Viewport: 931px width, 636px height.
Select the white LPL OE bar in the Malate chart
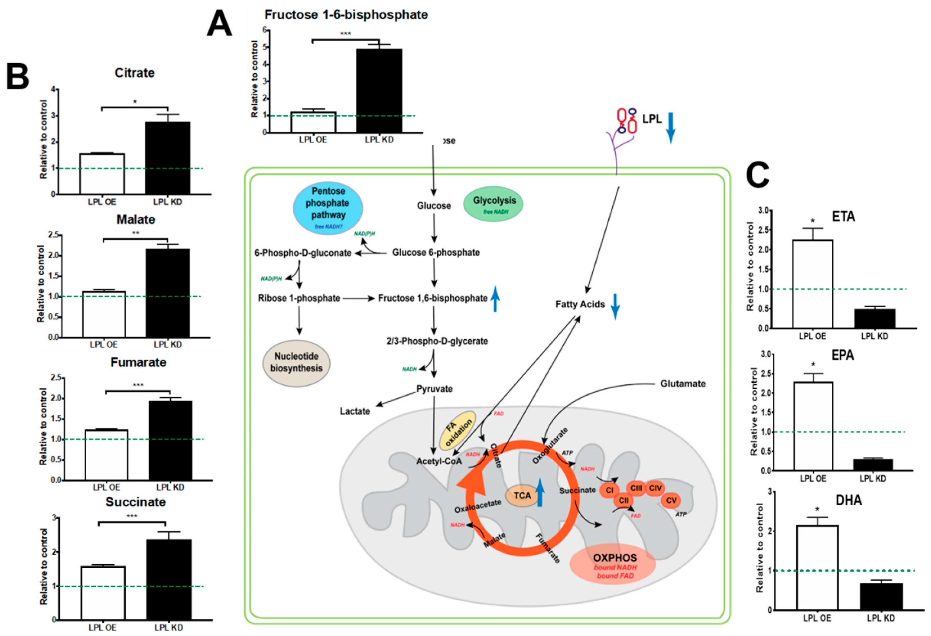coord(104,314)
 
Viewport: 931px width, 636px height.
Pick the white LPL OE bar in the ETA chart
coord(812,284)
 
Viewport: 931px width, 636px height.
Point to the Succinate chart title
coord(135,502)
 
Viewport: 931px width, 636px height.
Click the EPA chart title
coord(842,355)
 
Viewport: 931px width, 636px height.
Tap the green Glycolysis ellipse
coord(493,204)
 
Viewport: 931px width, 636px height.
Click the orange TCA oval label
coord(522,495)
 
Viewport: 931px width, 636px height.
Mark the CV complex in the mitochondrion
coord(671,500)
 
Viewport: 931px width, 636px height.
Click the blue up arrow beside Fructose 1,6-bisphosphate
coord(496,298)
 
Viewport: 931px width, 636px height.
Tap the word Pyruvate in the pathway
coord(434,389)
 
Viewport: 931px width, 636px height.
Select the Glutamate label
coord(683,384)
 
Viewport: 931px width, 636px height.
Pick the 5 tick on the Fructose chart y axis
coord(264,47)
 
